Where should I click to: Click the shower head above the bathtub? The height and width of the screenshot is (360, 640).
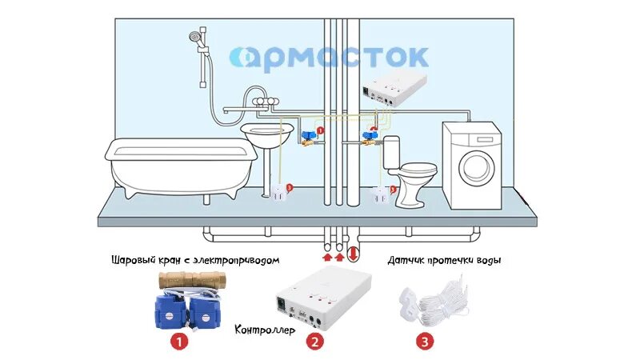pos(194,37)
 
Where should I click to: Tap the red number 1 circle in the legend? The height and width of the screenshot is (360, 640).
pos(180,342)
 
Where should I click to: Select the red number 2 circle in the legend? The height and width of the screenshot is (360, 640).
pos(315,342)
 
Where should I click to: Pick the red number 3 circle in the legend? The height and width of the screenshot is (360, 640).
pos(425,342)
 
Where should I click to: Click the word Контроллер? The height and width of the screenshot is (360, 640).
pos(265,330)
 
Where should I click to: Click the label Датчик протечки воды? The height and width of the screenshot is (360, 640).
pos(449,261)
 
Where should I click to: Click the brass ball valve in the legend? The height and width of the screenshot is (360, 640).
pos(192,280)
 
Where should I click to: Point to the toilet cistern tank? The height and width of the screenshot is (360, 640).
pos(391,152)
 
